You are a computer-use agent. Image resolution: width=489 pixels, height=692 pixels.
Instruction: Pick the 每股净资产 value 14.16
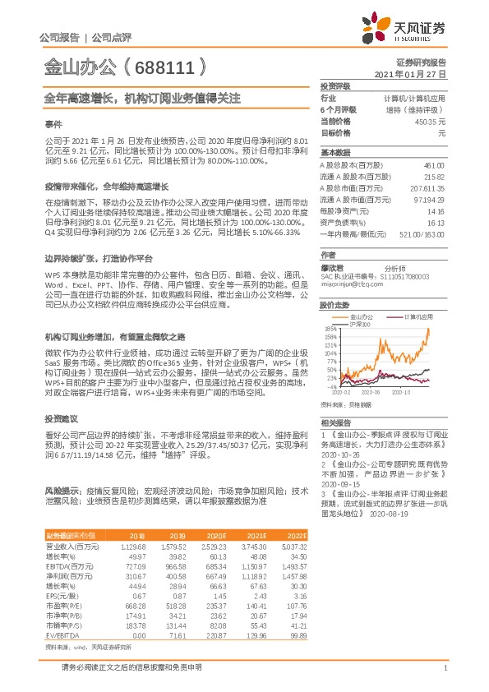[435, 210]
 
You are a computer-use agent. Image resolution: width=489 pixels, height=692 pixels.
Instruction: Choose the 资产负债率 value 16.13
[435, 222]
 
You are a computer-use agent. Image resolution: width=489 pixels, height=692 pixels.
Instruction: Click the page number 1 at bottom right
[444, 668]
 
